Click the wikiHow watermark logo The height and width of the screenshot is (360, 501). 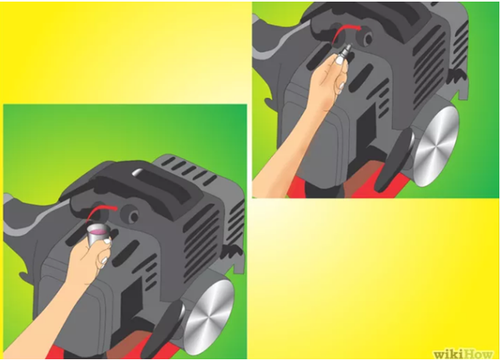(463, 354)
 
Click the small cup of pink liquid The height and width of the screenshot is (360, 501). (98, 234)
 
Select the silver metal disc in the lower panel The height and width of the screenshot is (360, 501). (208, 318)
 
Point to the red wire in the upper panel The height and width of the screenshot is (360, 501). (345, 34)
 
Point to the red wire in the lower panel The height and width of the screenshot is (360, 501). (101, 213)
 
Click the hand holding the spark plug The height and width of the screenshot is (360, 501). (330, 80)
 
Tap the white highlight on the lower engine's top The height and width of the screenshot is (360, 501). (136, 172)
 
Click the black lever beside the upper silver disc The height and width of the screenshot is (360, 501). (394, 160)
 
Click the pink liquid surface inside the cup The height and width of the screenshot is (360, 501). (98, 230)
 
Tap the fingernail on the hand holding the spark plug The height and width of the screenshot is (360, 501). (339, 60)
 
